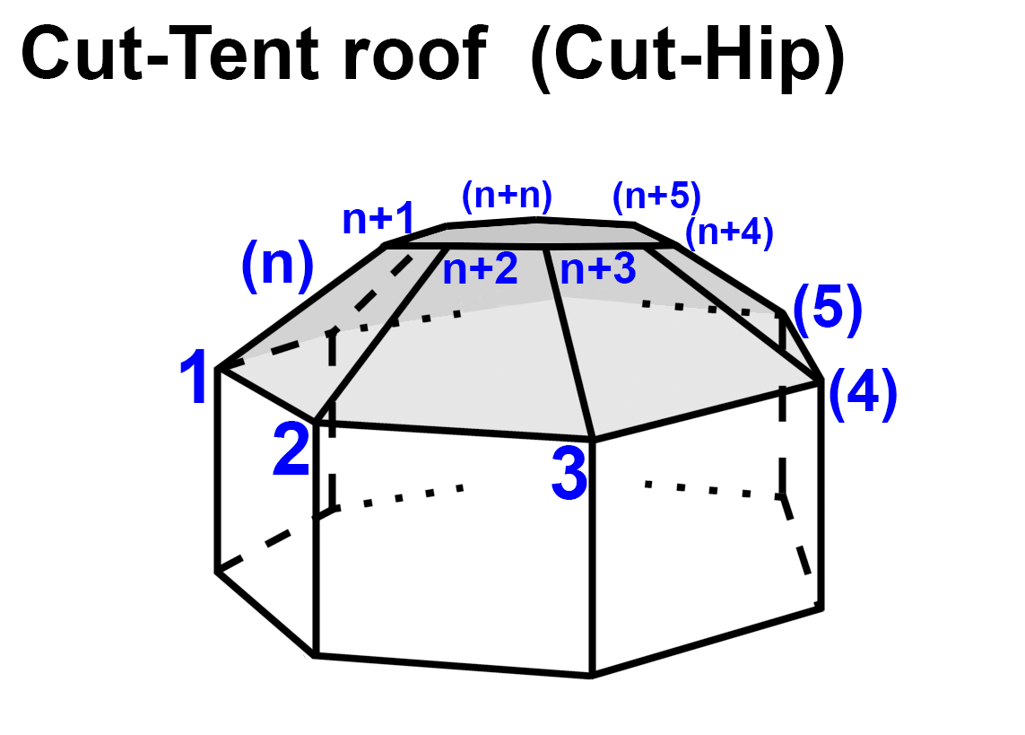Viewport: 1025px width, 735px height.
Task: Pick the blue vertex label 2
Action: (292, 451)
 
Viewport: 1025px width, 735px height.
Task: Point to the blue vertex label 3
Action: (569, 475)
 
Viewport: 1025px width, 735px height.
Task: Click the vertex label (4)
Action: (862, 396)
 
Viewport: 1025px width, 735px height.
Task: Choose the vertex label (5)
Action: (827, 310)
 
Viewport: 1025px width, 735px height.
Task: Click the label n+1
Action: (378, 219)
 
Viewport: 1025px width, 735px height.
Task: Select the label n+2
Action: (481, 270)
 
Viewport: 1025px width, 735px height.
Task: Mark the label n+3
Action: (598, 270)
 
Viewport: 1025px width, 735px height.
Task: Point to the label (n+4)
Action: (728, 233)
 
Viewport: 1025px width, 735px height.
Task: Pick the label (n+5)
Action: (656, 195)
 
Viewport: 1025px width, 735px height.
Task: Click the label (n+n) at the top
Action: (507, 195)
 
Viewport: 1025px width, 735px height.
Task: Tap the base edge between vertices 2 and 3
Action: (453, 430)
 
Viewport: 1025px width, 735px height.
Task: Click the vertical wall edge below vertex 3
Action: (591, 556)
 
